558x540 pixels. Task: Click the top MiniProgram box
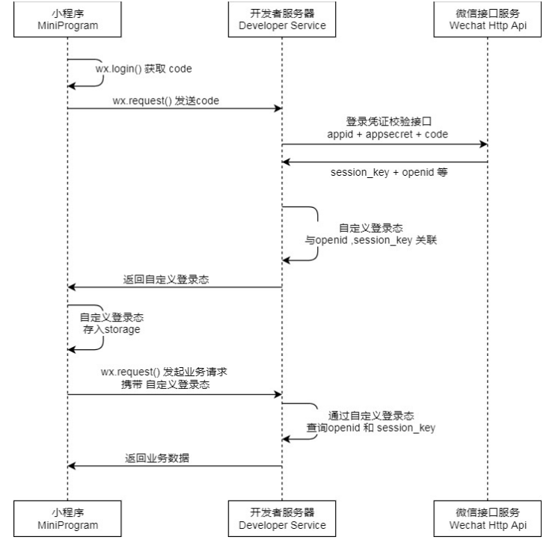click(x=67, y=19)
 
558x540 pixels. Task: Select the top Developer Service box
click(x=282, y=19)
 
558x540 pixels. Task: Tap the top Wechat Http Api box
click(x=488, y=19)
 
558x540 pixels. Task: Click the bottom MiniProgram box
click(x=67, y=518)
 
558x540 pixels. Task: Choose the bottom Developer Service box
click(x=282, y=518)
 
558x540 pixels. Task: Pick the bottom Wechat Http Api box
click(x=488, y=518)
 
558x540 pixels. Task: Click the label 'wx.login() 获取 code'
click(x=144, y=69)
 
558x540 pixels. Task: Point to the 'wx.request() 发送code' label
click(x=166, y=101)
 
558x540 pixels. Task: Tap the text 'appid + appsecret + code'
click(x=387, y=135)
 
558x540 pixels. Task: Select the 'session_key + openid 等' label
click(x=389, y=173)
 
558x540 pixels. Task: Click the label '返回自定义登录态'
click(x=166, y=280)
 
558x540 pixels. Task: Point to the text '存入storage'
click(x=111, y=329)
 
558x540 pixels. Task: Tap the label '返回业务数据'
click(x=157, y=458)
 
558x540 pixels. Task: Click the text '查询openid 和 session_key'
click(x=371, y=428)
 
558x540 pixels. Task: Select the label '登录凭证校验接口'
click(x=389, y=122)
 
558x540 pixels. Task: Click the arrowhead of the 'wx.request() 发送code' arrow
click(x=278, y=108)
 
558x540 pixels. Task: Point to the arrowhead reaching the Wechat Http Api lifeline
click(x=484, y=144)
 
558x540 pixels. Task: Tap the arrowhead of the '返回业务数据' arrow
click(x=72, y=466)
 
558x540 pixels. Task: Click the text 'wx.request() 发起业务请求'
click(x=164, y=372)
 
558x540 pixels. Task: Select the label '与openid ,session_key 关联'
click(x=371, y=240)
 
